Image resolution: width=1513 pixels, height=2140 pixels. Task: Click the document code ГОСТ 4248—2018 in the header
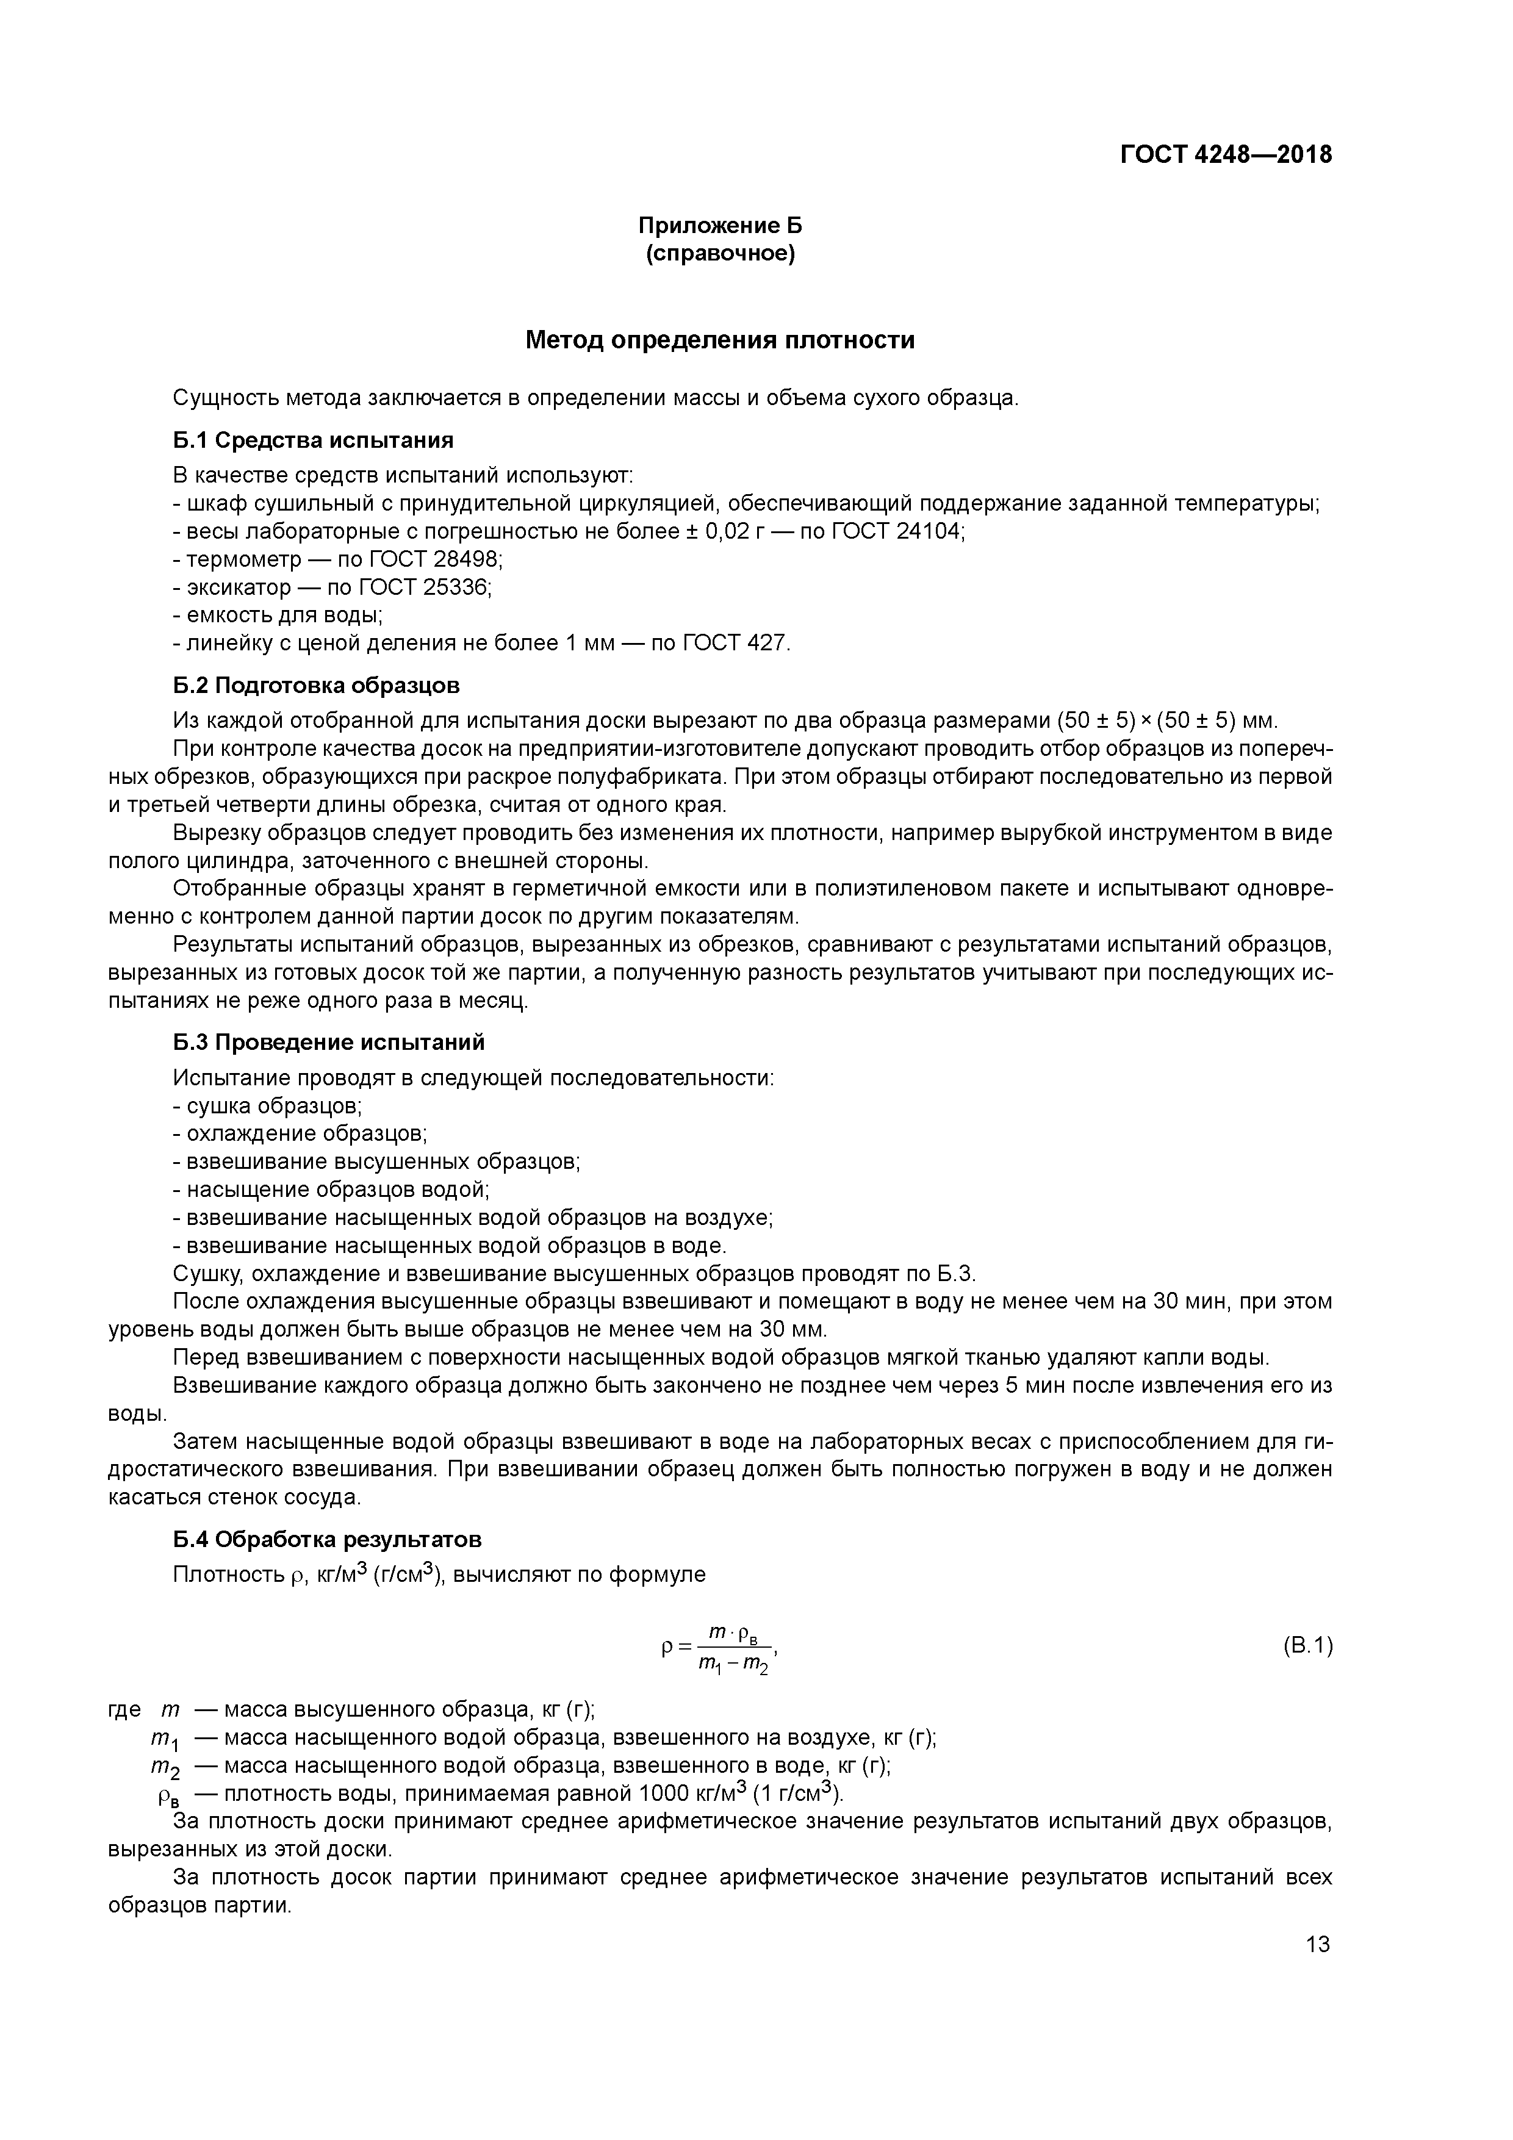1226,154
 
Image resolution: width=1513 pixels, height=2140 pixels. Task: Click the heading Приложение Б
720,226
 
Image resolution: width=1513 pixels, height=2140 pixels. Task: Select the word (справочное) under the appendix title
720,254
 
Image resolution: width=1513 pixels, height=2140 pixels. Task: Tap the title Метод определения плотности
720,340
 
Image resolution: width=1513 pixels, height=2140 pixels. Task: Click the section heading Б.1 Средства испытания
313,440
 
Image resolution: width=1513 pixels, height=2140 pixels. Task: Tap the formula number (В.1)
1307,1645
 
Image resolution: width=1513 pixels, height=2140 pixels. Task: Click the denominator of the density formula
733,1663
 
